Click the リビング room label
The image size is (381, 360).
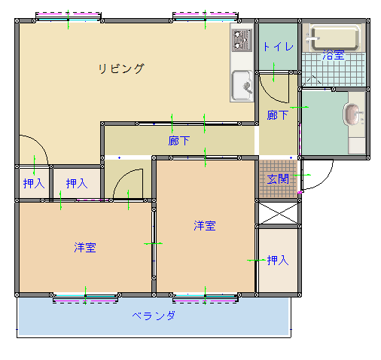pos(121,69)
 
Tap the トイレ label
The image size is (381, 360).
pos(278,47)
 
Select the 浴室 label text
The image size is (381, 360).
pos(334,55)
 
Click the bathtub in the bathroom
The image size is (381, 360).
pos(335,38)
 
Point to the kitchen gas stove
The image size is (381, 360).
pos(242,40)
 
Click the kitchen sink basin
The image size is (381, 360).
pos(242,85)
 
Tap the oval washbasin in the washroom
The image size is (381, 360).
pos(350,114)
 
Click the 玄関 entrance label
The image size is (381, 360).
pos(278,179)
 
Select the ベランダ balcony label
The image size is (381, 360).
pos(154,316)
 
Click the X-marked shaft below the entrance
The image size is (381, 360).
pos(279,213)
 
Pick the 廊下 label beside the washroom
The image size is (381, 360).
pos(278,115)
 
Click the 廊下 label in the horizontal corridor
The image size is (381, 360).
pos(178,141)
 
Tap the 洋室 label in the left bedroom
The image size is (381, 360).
pos(85,248)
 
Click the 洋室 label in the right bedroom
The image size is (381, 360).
pos(205,226)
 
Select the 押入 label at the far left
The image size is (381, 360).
pos(34,183)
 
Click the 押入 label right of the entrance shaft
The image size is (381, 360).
pos(278,260)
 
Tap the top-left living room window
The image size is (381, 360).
pos(69,17)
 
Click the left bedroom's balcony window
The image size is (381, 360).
pos(85,298)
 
